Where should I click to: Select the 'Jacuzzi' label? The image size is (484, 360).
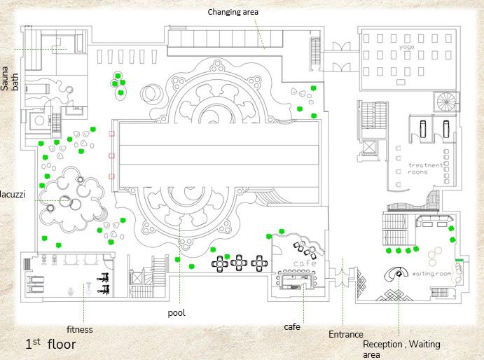pyautogui.click(x=13, y=194)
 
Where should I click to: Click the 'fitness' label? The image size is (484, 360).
pyautogui.click(x=79, y=329)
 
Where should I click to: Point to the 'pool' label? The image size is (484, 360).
pyautogui.click(x=177, y=313)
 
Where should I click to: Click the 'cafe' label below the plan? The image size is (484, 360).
pyautogui.click(x=292, y=327)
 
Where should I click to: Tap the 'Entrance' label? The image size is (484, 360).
pyautogui.click(x=345, y=335)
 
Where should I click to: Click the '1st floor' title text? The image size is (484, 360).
pyautogui.click(x=50, y=344)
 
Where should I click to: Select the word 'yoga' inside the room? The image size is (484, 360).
pyautogui.click(x=407, y=47)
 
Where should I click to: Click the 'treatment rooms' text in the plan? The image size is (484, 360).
pyautogui.click(x=426, y=169)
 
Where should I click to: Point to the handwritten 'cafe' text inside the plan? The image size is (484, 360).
pyautogui.click(x=305, y=263)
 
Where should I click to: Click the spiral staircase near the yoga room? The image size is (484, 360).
pyautogui.click(x=447, y=102)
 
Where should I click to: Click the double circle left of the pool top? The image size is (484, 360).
pyautogui.click(x=150, y=92)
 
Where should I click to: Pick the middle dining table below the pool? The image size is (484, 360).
pyautogui.click(x=240, y=263)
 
